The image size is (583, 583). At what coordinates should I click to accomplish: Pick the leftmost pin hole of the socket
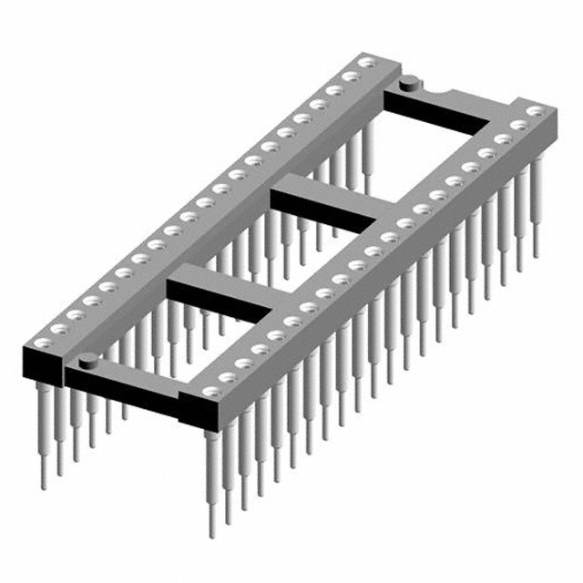[x=43, y=343]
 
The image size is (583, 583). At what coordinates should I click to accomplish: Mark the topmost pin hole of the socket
[x=366, y=62]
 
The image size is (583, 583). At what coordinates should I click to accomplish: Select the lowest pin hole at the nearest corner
[x=211, y=393]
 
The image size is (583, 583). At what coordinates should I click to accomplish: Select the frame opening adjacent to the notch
[x=428, y=146]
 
